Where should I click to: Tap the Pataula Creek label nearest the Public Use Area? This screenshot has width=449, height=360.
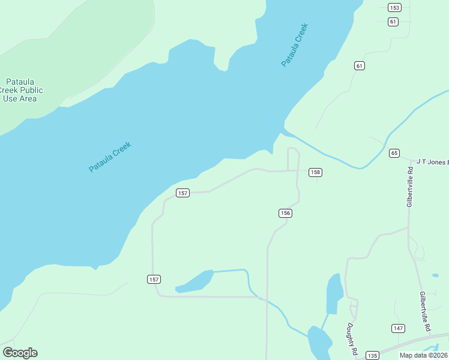pos(110,157)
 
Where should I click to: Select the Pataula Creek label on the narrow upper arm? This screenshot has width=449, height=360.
pos(294,45)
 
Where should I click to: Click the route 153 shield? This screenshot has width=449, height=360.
pos(394,8)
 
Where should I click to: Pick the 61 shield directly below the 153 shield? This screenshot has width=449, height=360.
pos(393,22)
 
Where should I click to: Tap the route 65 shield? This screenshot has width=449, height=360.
pos(394,153)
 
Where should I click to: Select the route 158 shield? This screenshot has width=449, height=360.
pos(315,172)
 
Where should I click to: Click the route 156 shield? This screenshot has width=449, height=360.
pos(285,213)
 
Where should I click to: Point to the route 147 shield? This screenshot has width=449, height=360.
pos(398,328)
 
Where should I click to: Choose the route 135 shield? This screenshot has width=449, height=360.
pos(372,355)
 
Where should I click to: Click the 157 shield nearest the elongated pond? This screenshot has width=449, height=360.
pos(154,280)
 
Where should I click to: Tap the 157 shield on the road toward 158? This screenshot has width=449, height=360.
pos(183,193)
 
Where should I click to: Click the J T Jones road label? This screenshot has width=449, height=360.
pos(432,161)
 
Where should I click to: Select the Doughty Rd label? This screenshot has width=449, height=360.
pos(352,339)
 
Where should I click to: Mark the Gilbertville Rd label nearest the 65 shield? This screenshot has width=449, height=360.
pos(410,187)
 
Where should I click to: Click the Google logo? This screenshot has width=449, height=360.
pos(20,353)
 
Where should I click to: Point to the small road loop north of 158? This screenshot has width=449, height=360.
pos(293,158)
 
